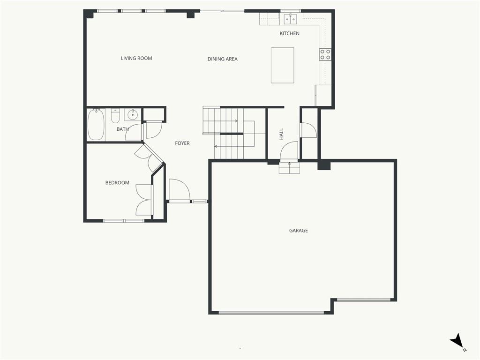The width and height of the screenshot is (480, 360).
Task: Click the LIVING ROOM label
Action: coord(136,58)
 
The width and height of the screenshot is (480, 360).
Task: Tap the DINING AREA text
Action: coord(222,59)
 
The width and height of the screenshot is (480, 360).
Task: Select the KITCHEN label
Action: coord(289,33)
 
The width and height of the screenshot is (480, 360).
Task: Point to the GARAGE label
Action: coord(299,231)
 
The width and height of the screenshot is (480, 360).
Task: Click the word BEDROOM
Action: coord(117,183)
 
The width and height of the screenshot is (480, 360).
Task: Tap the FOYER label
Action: coord(182,143)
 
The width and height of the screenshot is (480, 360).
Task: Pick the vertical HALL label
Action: coord(281,134)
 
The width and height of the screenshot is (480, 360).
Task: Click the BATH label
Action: coord(122,129)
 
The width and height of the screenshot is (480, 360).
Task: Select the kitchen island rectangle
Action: coord(282,65)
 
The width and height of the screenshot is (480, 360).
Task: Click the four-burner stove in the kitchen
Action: coord(325,54)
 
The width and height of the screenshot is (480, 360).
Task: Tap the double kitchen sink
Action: coord(290,19)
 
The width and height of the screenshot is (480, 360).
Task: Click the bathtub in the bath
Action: coord(96,125)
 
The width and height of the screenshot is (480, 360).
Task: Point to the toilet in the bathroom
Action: coord(115,116)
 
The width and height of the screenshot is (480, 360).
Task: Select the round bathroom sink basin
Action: coord(133,115)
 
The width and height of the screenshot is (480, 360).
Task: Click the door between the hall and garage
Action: coord(289,150)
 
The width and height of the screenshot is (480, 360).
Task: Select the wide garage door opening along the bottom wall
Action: coord(271,313)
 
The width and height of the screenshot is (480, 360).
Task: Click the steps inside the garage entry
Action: coord(289,168)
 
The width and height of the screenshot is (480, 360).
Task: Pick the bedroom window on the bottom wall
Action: coord(123,220)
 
